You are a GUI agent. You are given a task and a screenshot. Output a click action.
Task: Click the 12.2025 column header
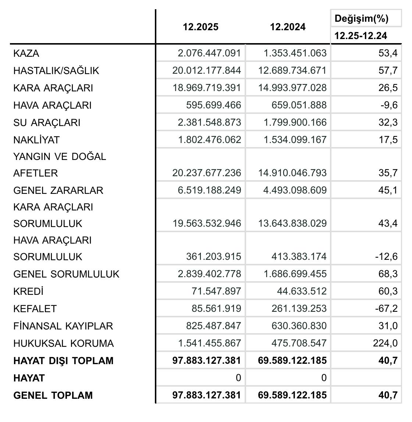[x=200, y=27]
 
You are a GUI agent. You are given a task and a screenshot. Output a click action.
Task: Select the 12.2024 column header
[x=288, y=27]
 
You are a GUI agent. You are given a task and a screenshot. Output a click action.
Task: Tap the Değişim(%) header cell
[x=362, y=18]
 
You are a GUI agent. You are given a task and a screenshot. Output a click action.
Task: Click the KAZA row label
[x=26, y=53]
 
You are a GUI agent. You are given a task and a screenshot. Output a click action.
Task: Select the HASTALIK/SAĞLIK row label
[x=56, y=70]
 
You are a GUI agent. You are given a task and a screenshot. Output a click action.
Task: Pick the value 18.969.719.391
[x=206, y=88]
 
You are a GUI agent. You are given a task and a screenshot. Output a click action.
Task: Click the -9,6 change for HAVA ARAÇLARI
[x=389, y=105]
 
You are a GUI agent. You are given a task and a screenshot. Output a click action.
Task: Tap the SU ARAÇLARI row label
[x=47, y=123]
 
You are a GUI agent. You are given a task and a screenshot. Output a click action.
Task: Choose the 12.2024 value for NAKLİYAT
[x=295, y=140]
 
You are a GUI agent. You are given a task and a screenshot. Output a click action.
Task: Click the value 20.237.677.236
[x=206, y=173]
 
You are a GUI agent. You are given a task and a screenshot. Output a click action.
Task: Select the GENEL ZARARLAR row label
[x=58, y=191]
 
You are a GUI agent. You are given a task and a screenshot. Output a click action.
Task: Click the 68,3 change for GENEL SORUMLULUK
[x=388, y=274]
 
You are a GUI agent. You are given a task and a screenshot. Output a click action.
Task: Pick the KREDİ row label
[x=28, y=292]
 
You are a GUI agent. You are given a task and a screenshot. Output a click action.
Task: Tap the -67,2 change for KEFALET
[x=386, y=308]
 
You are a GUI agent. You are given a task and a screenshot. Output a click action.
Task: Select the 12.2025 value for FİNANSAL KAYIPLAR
[x=216, y=326]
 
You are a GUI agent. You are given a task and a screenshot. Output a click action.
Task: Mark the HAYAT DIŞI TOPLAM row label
[x=63, y=360]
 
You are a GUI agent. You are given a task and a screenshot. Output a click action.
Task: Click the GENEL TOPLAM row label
[x=53, y=395]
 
